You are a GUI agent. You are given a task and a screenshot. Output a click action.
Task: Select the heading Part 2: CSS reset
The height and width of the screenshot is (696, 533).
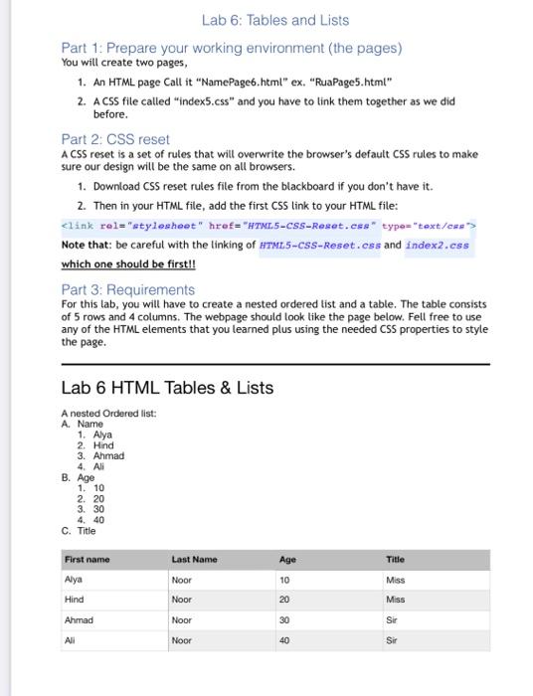[x=115, y=139]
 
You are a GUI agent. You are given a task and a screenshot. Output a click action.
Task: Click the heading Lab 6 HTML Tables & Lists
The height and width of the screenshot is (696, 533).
[x=167, y=387]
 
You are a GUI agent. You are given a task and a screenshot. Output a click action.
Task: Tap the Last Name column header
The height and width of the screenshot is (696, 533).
[x=195, y=560]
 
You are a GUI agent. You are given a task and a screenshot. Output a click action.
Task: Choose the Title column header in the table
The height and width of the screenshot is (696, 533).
[x=394, y=560]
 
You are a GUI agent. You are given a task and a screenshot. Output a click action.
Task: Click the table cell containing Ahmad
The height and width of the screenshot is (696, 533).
[x=80, y=618]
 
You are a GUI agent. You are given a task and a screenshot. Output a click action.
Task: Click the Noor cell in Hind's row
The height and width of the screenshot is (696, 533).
[x=182, y=599]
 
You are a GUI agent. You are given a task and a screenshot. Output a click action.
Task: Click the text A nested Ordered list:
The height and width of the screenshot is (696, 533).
[x=108, y=413]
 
